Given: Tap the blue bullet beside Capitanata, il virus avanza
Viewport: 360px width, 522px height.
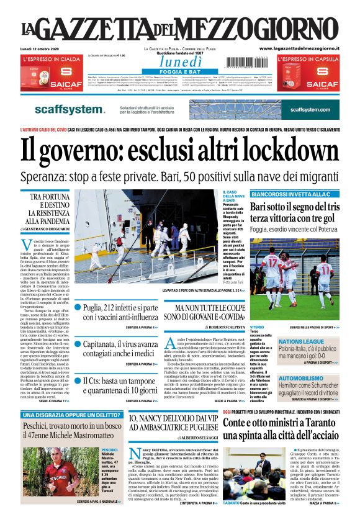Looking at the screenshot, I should point(78,342).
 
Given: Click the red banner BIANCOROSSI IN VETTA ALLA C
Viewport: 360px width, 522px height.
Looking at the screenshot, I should point(292,195).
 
